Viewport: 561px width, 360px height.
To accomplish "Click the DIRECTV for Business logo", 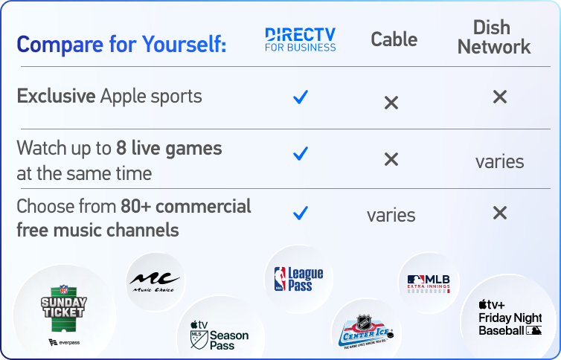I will pyautogui.click(x=301, y=39).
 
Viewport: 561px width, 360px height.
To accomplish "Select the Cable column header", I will pyautogui.click(x=394, y=39).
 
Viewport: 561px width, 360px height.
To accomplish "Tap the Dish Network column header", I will pyautogui.click(x=494, y=37).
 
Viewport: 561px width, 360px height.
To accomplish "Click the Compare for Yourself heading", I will pyautogui.click(x=121, y=44).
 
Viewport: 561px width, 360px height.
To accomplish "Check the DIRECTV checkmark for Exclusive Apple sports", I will pyautogui.click(x=301, y=97).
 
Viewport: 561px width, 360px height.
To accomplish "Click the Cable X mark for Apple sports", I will pyautogui.click(x=391, y=102).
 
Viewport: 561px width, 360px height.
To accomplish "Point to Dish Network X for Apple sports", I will pyautogui.click(x=500, y=97).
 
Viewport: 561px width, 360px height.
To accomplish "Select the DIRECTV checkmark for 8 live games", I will pyautogui.click(x=301, y=154).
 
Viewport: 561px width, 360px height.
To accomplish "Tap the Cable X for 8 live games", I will pyautogui.click(x=391, y=158).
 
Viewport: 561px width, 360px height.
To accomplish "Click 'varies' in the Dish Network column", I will pyautogui.click(x=500, y=161).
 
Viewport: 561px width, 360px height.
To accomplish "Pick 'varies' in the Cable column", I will pyautogui.click(x=391, y=216).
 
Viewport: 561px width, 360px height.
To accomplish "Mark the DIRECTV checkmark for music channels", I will pyautogui.click(x=301, y=213).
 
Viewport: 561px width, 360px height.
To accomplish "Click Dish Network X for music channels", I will pyautogui.click(x=500, y=213).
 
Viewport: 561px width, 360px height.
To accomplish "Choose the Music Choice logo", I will pyautogui.click(x=155, y=282).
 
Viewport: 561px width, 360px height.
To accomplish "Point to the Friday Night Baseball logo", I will pyautogui.click(x=510, y=318).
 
